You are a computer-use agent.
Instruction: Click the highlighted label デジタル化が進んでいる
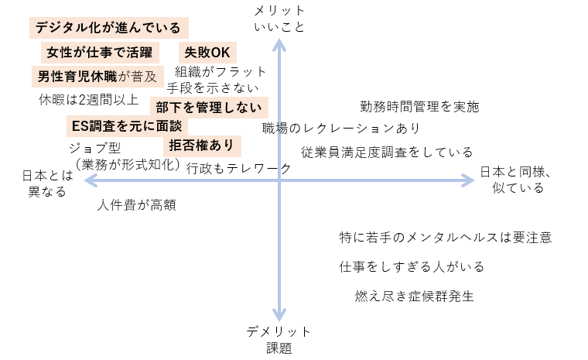click(109, 29)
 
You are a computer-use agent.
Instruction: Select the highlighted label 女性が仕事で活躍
click(101, 53)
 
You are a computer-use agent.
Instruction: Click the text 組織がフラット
click(220, 71)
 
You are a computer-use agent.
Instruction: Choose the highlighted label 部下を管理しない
click(209, 107)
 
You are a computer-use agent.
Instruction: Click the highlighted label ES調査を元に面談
click(126, 125)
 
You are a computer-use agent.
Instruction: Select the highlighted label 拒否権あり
click(200, 146)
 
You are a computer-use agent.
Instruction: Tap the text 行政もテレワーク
click(239, 168)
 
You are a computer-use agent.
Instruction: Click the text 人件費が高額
click(137, 205)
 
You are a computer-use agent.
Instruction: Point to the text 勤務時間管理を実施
click(419, 107)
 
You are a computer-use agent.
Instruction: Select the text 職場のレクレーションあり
click(341, 128)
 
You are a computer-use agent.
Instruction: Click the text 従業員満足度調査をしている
click(387, 153)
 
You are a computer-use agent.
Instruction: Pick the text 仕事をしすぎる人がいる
click(412, 266)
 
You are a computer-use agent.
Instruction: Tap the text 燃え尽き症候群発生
click(413, 295)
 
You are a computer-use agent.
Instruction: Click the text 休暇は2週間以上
click(88, 99)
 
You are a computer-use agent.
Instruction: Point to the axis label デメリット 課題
click(279, 339)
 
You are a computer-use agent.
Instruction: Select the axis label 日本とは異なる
click(47, 183)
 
